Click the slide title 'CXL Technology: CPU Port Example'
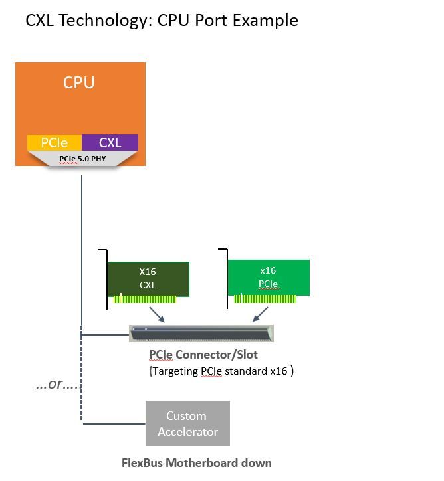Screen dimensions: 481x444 pos(162,20)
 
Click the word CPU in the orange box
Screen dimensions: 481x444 pos(78,83)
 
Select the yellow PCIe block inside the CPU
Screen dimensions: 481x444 pos(54,142)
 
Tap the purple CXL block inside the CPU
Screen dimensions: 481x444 pos(110,142)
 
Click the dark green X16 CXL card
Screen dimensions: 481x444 pos(147,278)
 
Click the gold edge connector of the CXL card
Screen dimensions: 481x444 pos(144,299)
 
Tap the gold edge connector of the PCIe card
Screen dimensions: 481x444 pos(265,299)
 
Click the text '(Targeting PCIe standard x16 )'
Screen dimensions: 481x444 pos(221,371)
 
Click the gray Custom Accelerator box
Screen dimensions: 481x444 pos(187,423)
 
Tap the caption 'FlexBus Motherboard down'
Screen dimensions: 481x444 pos(196,462)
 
